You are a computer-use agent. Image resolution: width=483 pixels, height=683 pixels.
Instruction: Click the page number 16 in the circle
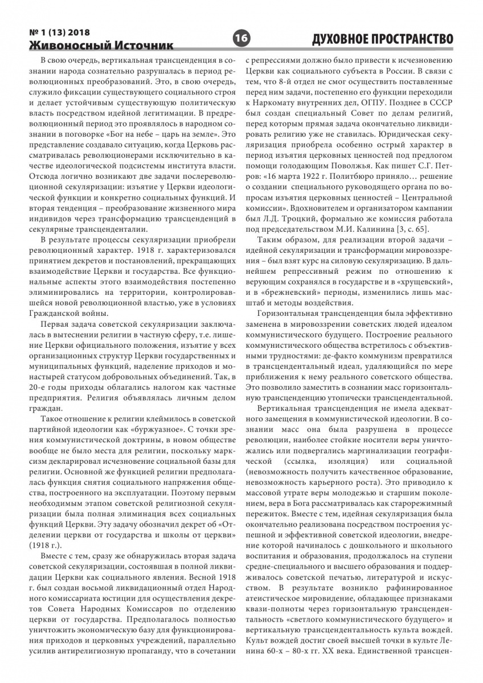point(241,39)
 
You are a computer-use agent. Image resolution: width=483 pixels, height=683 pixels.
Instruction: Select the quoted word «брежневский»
point(277,292)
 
